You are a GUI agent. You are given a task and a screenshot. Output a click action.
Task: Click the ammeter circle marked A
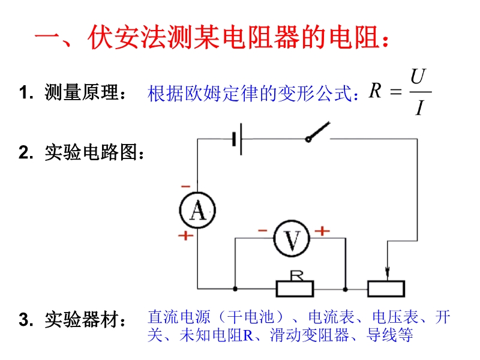pos(197,210)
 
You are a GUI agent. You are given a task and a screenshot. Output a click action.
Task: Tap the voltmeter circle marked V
pos(291,239)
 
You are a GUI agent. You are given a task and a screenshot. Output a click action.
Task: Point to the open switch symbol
pos(317,132)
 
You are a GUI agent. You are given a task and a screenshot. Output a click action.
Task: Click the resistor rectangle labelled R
pos(295,289)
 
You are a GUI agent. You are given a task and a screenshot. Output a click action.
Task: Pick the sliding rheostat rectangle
pos(388,289)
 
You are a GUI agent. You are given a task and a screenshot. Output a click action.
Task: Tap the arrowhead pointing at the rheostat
pos(388,275)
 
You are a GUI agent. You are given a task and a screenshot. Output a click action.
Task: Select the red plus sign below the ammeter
pos(185,235)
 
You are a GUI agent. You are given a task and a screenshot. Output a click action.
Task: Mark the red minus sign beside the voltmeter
pos(262,230)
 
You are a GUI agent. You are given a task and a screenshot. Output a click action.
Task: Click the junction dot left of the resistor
pos(234,289)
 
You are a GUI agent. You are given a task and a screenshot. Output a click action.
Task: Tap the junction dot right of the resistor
pos(346,289)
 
